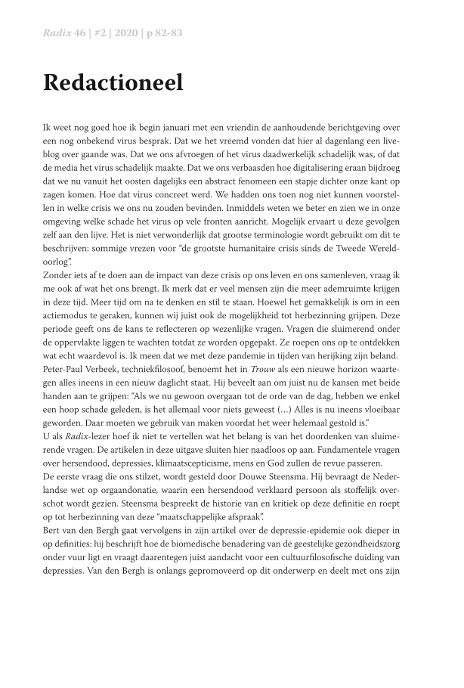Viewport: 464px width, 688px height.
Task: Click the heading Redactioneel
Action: [113, 82]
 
